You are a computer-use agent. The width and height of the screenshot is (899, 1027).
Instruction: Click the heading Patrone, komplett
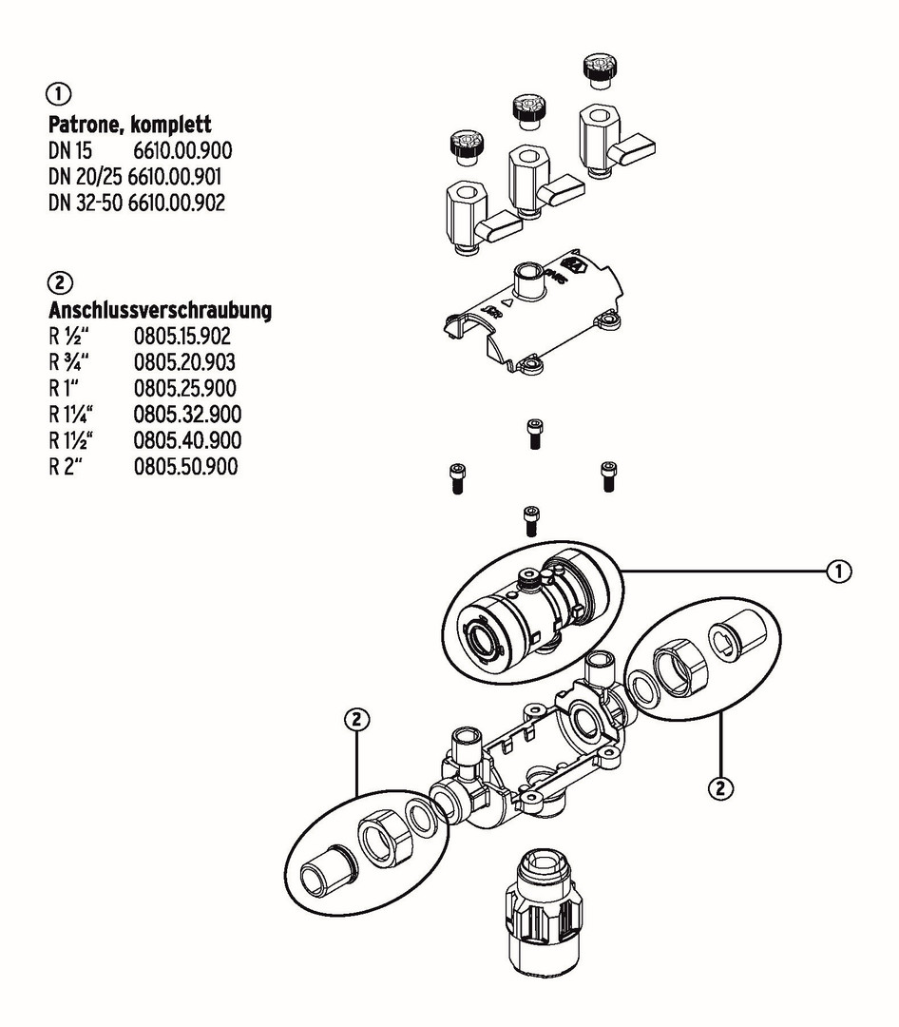coord(129,125)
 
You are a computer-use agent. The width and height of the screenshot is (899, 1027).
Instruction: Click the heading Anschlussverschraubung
coord(160,310)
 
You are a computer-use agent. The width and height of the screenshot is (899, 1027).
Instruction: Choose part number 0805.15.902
coord(182,336)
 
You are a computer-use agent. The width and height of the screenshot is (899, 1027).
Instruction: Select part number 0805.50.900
coord(185,466)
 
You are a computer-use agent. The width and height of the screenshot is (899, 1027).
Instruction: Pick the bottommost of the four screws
coord(530,520)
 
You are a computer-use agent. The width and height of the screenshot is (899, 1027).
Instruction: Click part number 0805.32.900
coord(186,414)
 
